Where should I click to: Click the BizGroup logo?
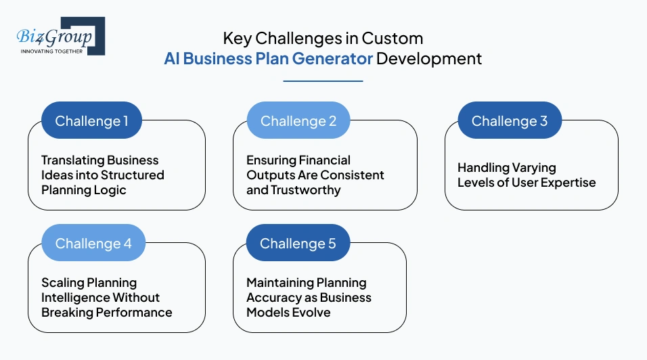click(60, 36)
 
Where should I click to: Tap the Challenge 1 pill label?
click(91, 121)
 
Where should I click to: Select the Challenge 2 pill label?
click(298, 121)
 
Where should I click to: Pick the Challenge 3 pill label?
click(510, 121)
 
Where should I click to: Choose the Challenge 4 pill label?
click(93, 244)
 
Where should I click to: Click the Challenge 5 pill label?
click(298, 244)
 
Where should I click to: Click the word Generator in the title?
click(332, 58)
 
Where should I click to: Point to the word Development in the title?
click(429, 58)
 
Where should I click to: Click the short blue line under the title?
click(323, 81)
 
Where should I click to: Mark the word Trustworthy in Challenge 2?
click(305, 190)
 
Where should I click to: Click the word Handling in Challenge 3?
click(481, 167)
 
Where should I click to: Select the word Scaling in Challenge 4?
click(61, 283)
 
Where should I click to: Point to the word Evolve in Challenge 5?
click(313, 313)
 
